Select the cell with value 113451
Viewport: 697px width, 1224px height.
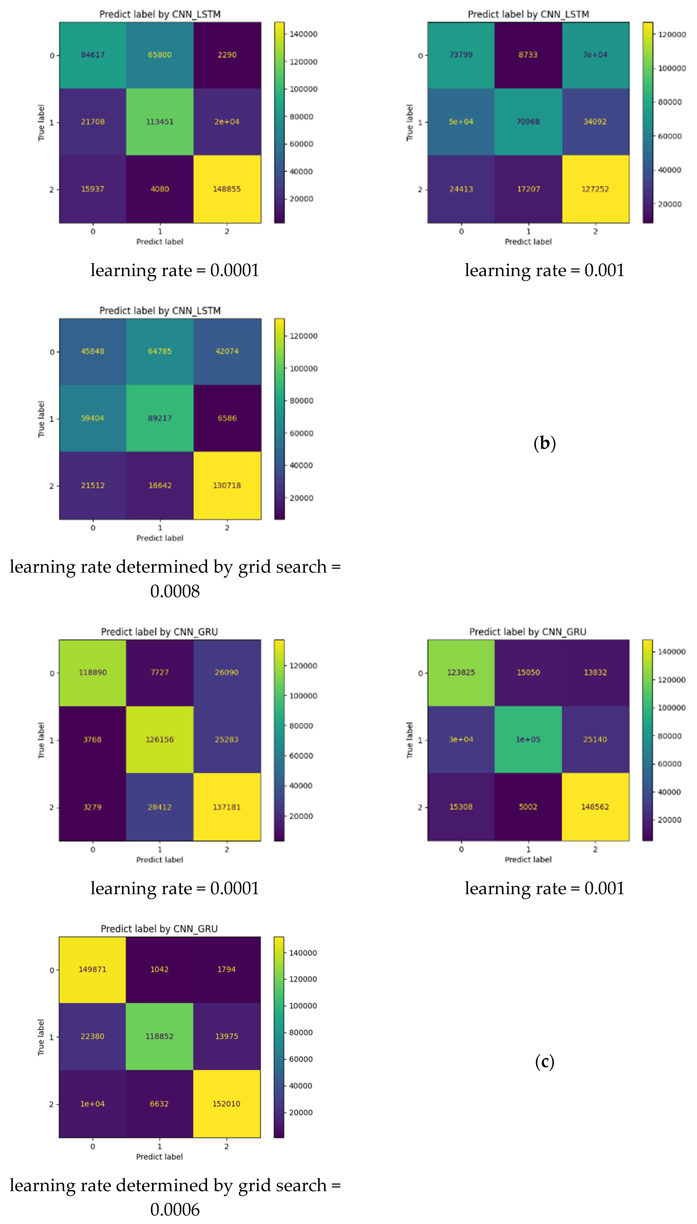[160, 122]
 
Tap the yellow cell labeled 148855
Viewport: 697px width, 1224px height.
[227, 189]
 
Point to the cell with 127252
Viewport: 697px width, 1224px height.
[595, 189]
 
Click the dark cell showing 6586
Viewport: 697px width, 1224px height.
[227, 418]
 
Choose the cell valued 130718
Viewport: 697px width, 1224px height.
[227, 485]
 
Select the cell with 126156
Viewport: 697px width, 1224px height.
[160, 739]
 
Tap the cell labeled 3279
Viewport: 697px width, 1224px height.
[92, 807]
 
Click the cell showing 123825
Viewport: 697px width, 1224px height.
[461, 672]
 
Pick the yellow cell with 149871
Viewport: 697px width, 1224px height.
[92, 969]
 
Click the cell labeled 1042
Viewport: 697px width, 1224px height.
[159, 969]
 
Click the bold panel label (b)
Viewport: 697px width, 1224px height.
[544, 443]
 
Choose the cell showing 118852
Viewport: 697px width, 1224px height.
[159, 1036]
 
